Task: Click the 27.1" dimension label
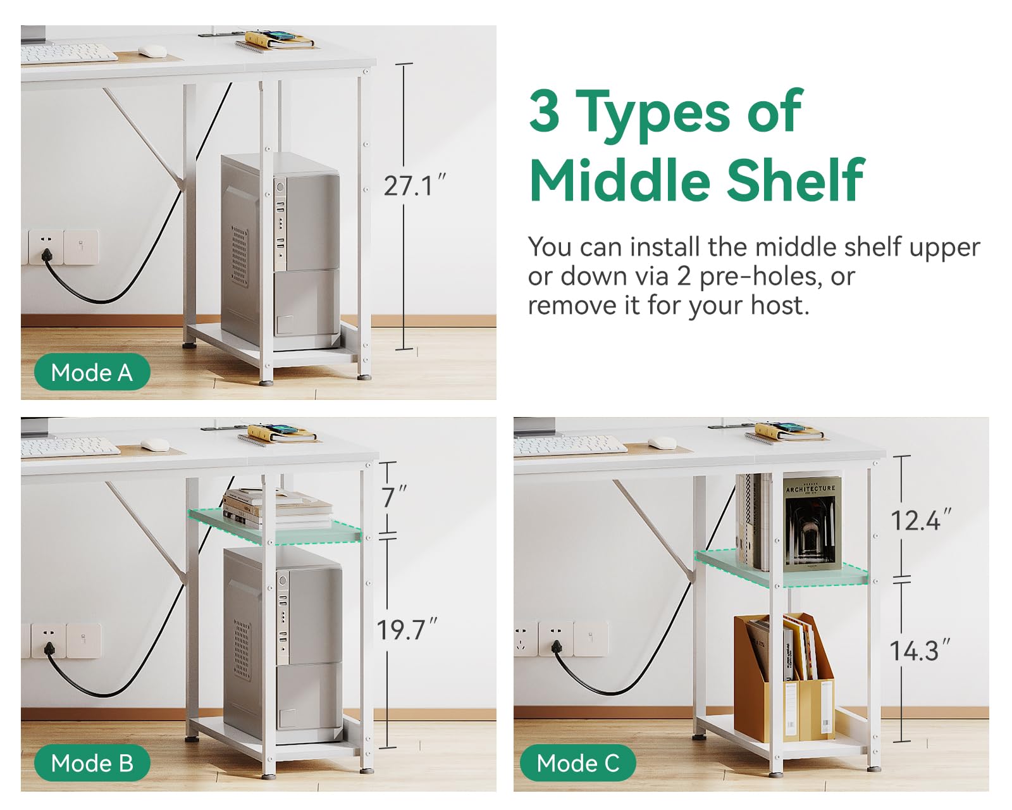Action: (414, 185)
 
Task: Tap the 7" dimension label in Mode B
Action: (393, 497)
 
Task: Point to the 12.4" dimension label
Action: (921, 520)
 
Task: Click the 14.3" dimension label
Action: (920, 651)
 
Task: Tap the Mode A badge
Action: (92, 372)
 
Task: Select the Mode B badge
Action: (92, 763)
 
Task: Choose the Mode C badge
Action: (578, 763)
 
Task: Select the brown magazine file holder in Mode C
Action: (784, 677)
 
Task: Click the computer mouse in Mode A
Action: (152, 51)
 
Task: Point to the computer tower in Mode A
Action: (281, 252)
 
